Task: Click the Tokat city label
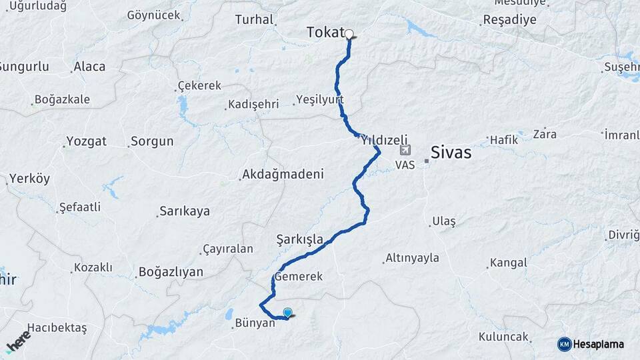pyautogui.click(x=325, y=32)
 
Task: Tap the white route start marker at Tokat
pyautogui.click(x=349, y=33)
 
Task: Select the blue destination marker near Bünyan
pyautogui.click(x=288, y=312)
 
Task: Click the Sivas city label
pyautogui.click(x=451, y=153)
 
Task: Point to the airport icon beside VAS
pyautogui.click(x=405, y=151)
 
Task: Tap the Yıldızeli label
pyautogui.click(x=384, y=141)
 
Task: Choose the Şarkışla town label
pyautogui.click(x=300, y=239)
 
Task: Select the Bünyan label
pyautogui.click(x=255, y=323)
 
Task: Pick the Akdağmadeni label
pyautogui.click(x=283, y=175)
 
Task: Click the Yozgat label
pyautogui.click(x=87, y=141)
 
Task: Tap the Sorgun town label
pyautogui.click(x=152, y=141)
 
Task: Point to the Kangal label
pyautogui.click(x=508, y=263)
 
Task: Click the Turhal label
pyautogui.click(x=255, y=19)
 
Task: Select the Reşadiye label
pyautogui.click(x=509, y=19)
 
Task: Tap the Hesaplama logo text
pyautogui.click(x=599, y=344)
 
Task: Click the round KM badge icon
pyautogui.click(x=564, y=344)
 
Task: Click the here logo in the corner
pyautogui.click(x=19, y=341)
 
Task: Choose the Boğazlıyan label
pyautogui.click(x=171, y=272)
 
